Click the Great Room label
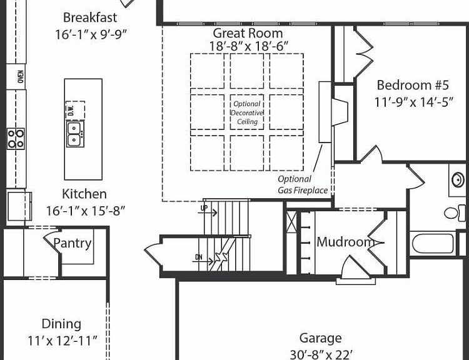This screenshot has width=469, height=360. coord(248,33)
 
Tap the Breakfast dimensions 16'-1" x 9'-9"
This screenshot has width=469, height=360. coord(91,34)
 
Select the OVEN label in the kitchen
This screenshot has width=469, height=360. coord(21,76)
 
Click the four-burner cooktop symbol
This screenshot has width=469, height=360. coord(16,139)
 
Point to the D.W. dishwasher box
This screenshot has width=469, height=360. coord(75,110)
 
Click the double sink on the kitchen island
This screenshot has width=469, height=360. coord(75,134)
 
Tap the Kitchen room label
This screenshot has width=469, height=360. coord(84,194)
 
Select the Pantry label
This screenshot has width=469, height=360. coord(72,243)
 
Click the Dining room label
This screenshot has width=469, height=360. coord(61,324)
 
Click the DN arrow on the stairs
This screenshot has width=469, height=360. coord(203,259)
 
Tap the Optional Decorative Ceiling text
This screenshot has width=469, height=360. coord(247,112)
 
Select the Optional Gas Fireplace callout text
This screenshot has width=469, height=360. coord(303,184)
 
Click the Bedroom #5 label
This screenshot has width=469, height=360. coord(413,85)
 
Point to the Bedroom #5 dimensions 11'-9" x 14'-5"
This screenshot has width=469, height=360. coord(414,102)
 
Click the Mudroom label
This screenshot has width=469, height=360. coord(345,242)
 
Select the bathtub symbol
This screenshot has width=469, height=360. coord(433,243)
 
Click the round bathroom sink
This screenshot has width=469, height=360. coord(458,180)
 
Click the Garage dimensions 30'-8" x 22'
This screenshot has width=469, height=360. coord(321,354)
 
